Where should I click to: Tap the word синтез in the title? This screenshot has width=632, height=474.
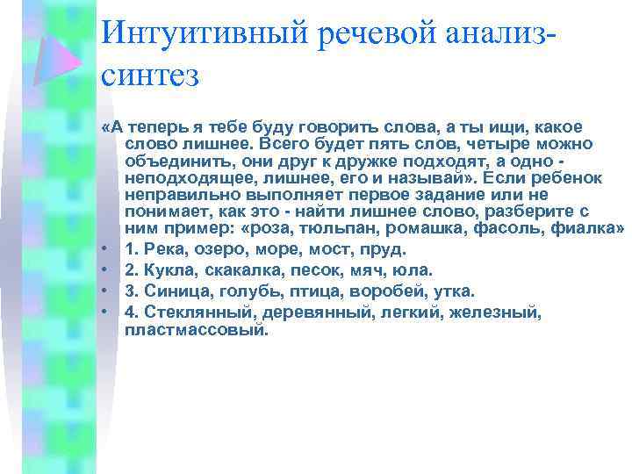(151, 75)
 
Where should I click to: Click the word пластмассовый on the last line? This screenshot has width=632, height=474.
(194, 331)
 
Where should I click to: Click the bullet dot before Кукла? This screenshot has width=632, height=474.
(104, 271)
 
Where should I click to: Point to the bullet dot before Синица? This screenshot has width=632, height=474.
(104, 291)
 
